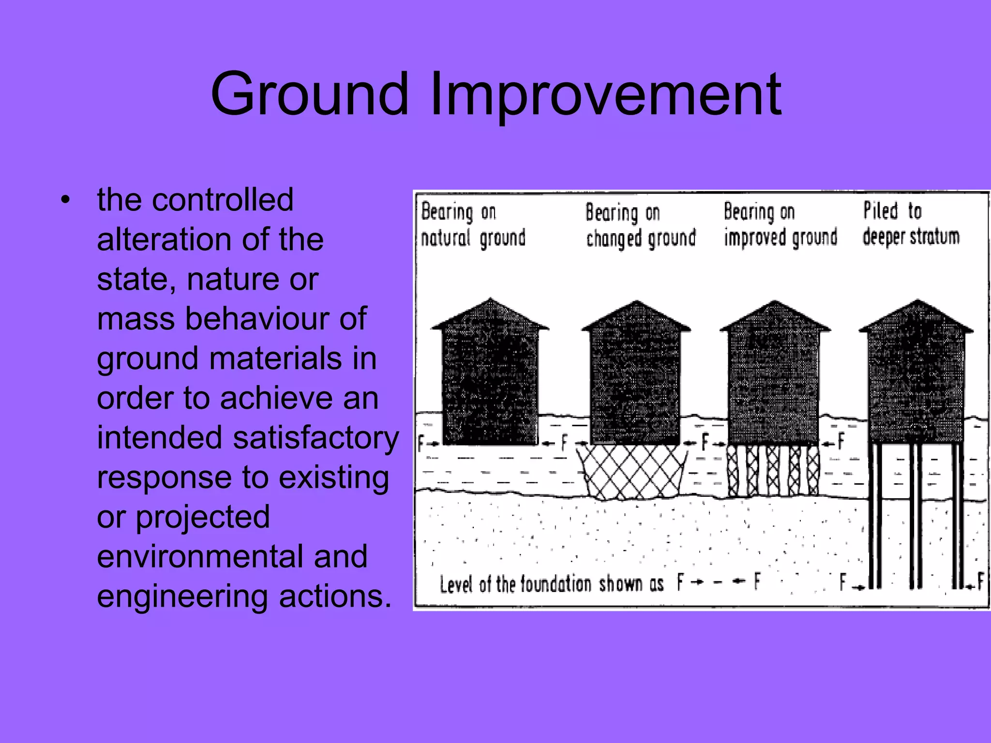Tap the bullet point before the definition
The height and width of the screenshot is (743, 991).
point(66,200)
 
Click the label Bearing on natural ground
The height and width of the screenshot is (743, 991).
point(473,225)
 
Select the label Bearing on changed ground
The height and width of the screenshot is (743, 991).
point(640,225)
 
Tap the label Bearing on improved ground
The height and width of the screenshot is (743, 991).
point(780,225)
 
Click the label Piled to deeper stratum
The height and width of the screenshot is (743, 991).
point(911,224)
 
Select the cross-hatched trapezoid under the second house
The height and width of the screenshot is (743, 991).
point(631,472)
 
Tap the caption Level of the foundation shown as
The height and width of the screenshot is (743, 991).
point(552,584)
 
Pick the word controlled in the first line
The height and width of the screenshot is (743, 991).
point(222,200)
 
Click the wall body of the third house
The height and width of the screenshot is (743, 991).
point(774,387)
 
